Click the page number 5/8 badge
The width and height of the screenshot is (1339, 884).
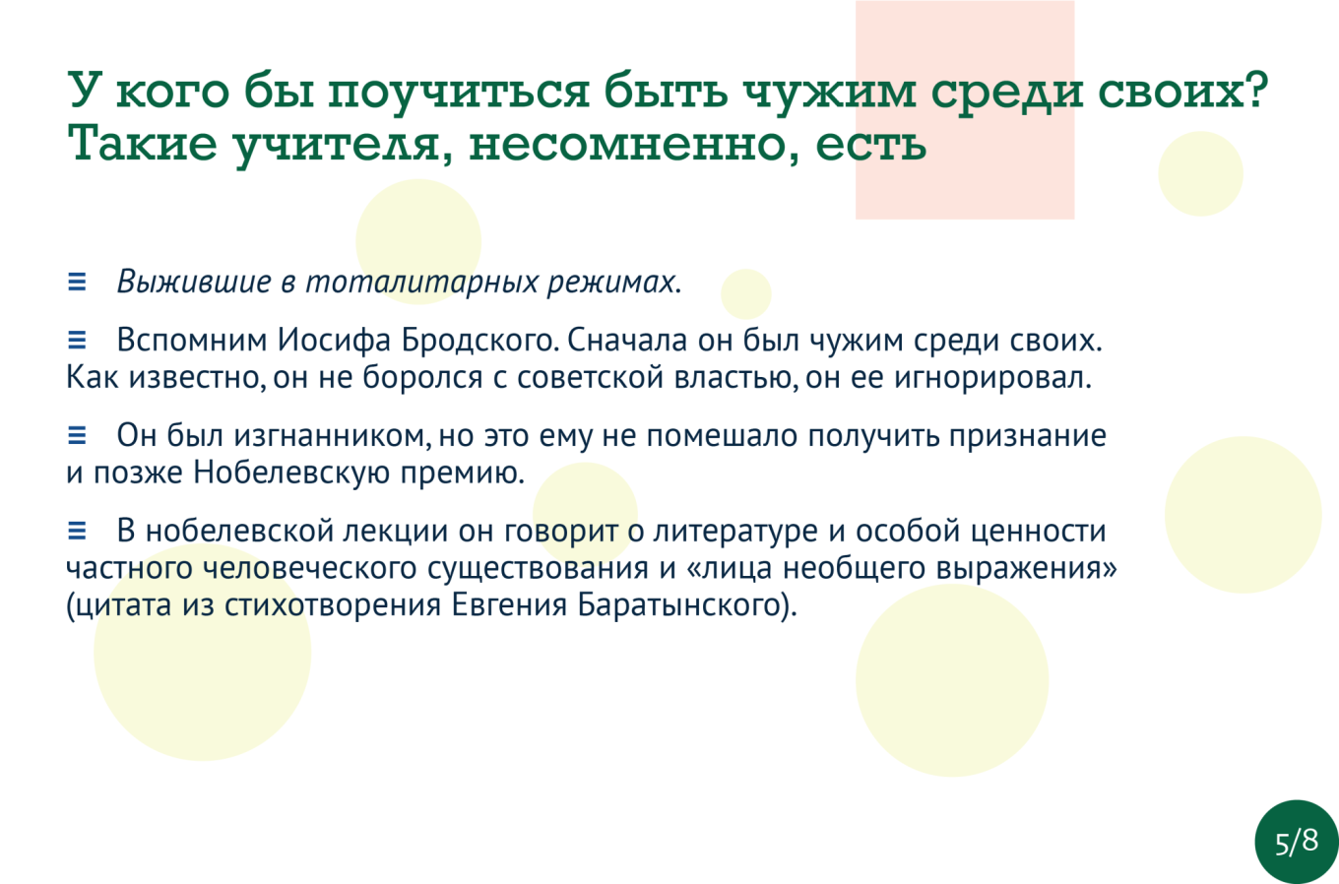[1296, 842]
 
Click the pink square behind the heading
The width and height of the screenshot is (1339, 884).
[965, 110]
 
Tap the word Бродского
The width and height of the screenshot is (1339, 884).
[480, 341]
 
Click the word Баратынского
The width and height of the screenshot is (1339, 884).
[687, 605]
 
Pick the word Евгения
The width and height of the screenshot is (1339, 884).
[509, 605]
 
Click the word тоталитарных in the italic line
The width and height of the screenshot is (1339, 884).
[421, 282]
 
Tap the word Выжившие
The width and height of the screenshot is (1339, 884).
[194, 282]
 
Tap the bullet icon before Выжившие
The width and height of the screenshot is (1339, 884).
[77, 282]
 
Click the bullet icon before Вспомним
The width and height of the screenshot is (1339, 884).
[77, 341]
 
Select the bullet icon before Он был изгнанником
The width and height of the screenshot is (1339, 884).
[77, 435]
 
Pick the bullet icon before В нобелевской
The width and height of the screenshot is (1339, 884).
[77, 531]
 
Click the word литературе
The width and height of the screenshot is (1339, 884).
[735, 532]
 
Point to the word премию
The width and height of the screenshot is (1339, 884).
[462, 474]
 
